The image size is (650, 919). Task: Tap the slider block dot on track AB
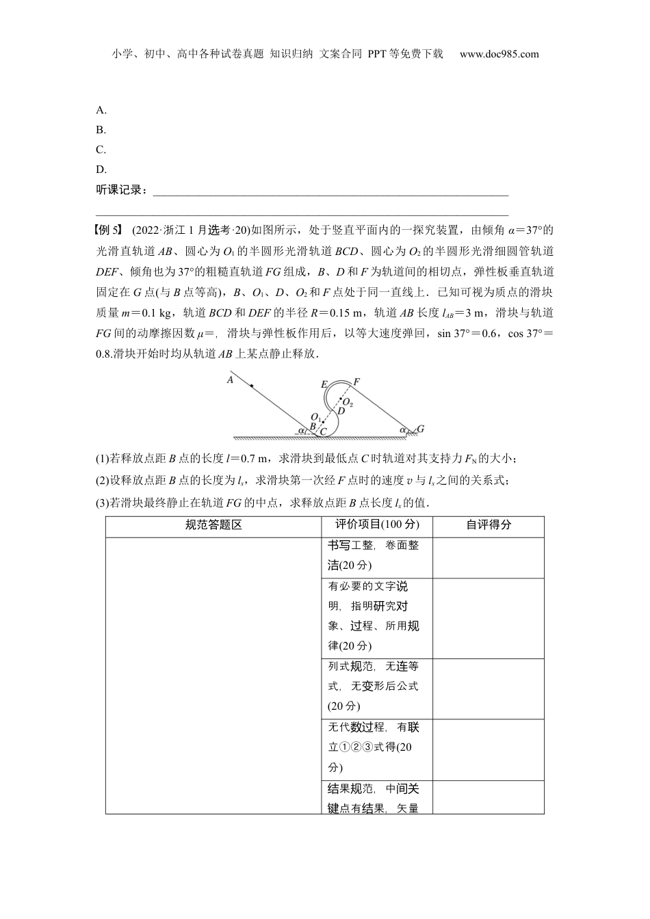252,387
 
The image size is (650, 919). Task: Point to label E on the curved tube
324,384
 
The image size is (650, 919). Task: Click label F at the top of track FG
356,382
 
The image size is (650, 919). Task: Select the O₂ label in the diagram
348,402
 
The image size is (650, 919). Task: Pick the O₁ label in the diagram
315,416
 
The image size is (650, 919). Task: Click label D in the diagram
341,410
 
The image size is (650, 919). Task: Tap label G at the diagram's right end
420,429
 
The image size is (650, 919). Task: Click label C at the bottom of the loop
323,431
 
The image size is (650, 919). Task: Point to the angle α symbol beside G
404,429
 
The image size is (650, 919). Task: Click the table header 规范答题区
213,525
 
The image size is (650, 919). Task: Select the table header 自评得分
488,525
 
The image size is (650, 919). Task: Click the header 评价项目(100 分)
377,525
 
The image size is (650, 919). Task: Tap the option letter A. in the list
101,110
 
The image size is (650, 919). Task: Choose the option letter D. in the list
101,170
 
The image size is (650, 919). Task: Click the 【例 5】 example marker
108,230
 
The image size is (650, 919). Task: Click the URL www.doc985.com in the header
499,54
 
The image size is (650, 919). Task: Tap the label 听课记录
120,190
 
